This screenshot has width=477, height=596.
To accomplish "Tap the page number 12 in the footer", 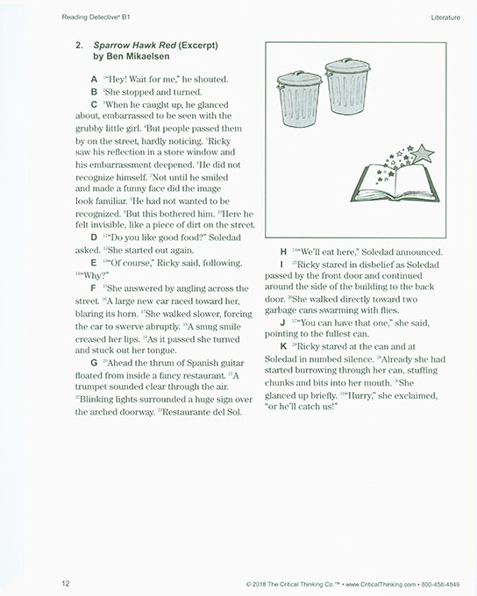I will click(x=66, y=583).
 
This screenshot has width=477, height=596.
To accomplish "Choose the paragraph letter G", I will click(x=94, y=362).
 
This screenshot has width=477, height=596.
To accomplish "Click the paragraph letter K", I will click(x=282, y=346).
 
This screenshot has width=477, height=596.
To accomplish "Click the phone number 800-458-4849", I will click(x=447, y=583).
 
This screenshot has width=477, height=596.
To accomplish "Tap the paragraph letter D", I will click(x=94, y=238).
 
